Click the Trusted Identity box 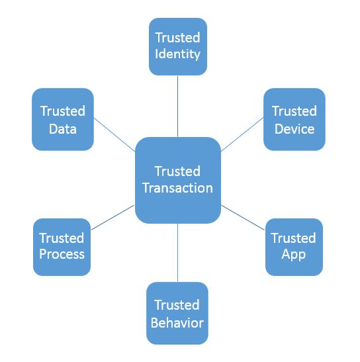pyautogui.click(x=178, y=46)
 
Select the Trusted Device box pyautogui.click(x=294, y=119)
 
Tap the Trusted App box pyautogui.click(x=294, y=247)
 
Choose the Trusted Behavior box pyautogui.click(x=177, y=313)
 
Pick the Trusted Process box pyautogui.click(x=62, y=247)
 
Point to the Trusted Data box pyautogui.click(x=63, y=119)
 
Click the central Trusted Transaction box pyautogui.click(x=178, y=180)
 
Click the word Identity pyautogui.click(x=177, y=54)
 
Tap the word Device pyautogui.click(x=294, y=128)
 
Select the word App pyautogui.click(x=294, y=255)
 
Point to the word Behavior pyautogui.click(x=177, y=322)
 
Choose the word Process pyautogui.click(x=62, y=254)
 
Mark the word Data pyautogui.click(x=63, y=128)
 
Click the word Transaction pyautogui.click(x=178, y=188)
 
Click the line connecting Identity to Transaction pyautogui.click(x=177, y=107)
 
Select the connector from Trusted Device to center pyautogui.click(x=242, y=134)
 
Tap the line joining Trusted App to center pyautogui.click(x=243, y=218)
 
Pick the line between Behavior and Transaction pyautogui.click(x=177, y=253)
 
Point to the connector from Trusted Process pyautogui.click(x=112, y=218)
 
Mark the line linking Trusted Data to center pyautogui.click(x=114, y=134)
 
